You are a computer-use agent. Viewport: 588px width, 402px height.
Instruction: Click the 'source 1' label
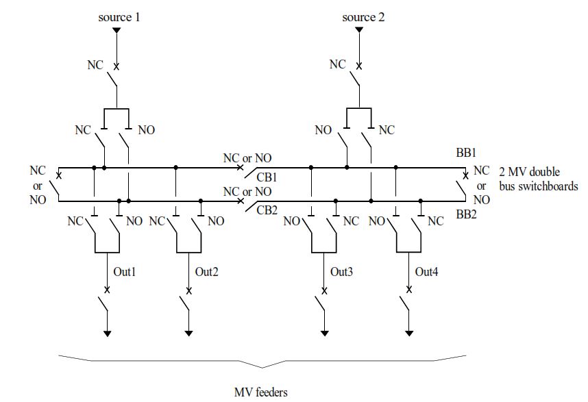point(119,17)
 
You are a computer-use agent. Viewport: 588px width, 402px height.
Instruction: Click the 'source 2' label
point(363,17)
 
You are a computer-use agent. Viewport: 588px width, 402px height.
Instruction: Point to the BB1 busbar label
point(465,153)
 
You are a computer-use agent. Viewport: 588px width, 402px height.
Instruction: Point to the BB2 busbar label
point(466,214)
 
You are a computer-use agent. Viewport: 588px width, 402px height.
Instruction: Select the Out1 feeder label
point(125,272)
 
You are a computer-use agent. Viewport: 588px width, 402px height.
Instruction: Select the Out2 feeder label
point(206,272)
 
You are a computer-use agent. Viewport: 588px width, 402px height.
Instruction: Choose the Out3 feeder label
point(341,272)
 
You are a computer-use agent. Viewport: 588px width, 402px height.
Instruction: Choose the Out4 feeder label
point(426,272)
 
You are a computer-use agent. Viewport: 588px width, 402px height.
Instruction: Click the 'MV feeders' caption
point(260,392)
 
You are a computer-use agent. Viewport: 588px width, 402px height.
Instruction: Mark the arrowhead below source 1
point(117,31)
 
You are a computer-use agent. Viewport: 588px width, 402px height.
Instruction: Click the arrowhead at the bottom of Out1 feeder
point(108,334)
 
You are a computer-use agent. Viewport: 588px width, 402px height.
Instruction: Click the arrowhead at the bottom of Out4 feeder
point(409,334)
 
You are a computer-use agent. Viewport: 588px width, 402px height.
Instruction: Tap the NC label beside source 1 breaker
point(96,65)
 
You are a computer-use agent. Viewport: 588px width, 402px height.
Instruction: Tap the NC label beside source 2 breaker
point(337,64)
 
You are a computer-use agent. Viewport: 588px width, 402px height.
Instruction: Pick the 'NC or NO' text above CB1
point(247,158)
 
